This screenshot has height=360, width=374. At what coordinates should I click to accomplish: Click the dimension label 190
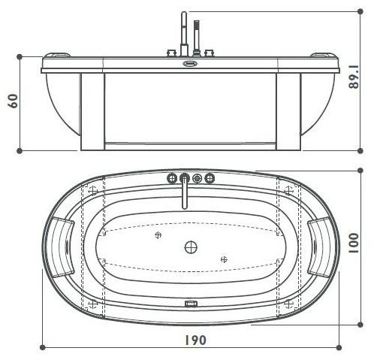194,340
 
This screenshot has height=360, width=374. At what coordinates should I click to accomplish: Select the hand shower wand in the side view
197,35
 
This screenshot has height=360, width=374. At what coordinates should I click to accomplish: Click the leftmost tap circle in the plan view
170,178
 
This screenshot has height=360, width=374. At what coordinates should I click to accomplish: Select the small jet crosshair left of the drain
158,234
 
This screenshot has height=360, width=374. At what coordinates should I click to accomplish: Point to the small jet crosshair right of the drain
223,259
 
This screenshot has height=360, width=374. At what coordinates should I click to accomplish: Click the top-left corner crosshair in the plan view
93,190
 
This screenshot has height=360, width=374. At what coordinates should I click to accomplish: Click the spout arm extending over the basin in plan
184,197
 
